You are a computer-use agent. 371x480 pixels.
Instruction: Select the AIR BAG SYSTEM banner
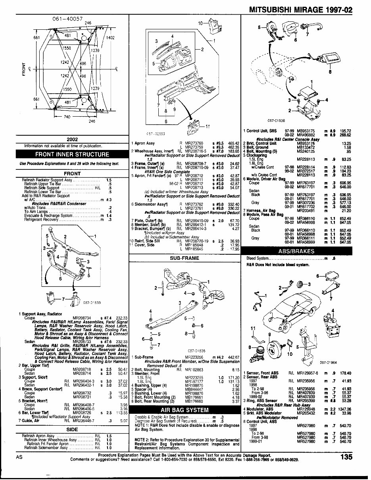[185, 410]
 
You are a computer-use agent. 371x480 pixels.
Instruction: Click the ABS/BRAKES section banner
[297, 251]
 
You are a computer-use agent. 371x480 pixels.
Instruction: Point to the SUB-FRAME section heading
[185, 257]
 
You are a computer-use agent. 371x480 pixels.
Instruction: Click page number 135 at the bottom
[346, 457]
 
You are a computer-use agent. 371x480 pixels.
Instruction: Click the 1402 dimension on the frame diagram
[110, 38]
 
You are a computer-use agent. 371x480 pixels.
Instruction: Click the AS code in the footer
[19, 457]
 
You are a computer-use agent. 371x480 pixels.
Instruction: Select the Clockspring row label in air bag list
[254, 156]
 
